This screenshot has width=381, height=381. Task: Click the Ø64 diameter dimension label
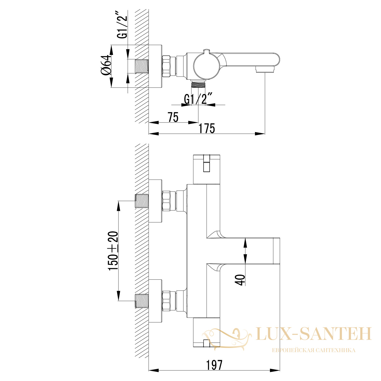point(106,65)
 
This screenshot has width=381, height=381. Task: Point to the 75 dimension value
point(173,117)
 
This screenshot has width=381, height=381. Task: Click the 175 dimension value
point(207,129)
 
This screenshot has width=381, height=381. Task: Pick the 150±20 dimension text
point(113,251)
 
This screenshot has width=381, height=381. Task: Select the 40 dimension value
point(240,280)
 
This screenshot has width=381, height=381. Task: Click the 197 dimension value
point(214,365)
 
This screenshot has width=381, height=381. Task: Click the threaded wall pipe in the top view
point(142,66)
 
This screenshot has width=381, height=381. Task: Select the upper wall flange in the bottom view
point(155,201)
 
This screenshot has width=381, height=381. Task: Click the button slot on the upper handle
point(206,163)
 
